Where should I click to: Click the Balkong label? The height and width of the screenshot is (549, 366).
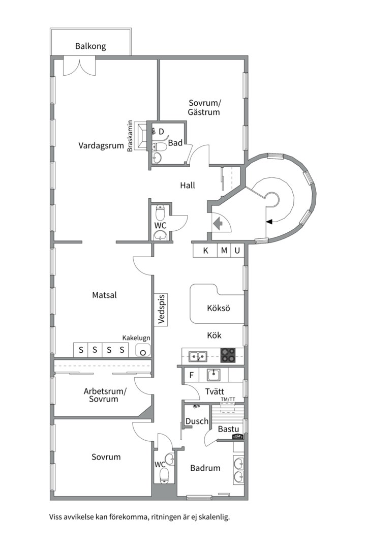tap(90, 46)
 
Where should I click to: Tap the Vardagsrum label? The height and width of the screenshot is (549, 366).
tap(101, 146)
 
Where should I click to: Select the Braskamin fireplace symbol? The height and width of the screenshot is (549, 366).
tap(141, 136)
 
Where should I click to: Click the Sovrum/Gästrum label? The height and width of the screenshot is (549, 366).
tap(204, 107)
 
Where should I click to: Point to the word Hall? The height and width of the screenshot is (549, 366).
tap(188, 185)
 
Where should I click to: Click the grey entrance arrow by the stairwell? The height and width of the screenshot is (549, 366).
tap(219, 223)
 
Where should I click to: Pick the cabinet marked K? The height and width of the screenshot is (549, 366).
tap(205, 251)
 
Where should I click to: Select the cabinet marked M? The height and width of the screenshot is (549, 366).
tap(224, 251)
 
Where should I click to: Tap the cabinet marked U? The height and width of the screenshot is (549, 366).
tap(237, 251)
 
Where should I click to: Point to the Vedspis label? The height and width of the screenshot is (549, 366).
tap(161, 309)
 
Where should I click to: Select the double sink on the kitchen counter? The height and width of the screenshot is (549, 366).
tap(198, 356)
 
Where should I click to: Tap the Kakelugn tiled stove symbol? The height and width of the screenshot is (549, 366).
tap(143, 350)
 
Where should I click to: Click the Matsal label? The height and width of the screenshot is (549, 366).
tap(104, 295)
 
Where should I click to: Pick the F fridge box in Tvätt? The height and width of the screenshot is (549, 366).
tap(192, 375)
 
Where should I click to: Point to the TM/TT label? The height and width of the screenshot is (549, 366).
tap(228, 400)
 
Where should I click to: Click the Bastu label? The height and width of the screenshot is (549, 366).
tap(228, 429)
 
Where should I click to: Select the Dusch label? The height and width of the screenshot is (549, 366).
tap(197, 421)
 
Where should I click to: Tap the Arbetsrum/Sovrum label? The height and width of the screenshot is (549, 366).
tap(105, 395)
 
